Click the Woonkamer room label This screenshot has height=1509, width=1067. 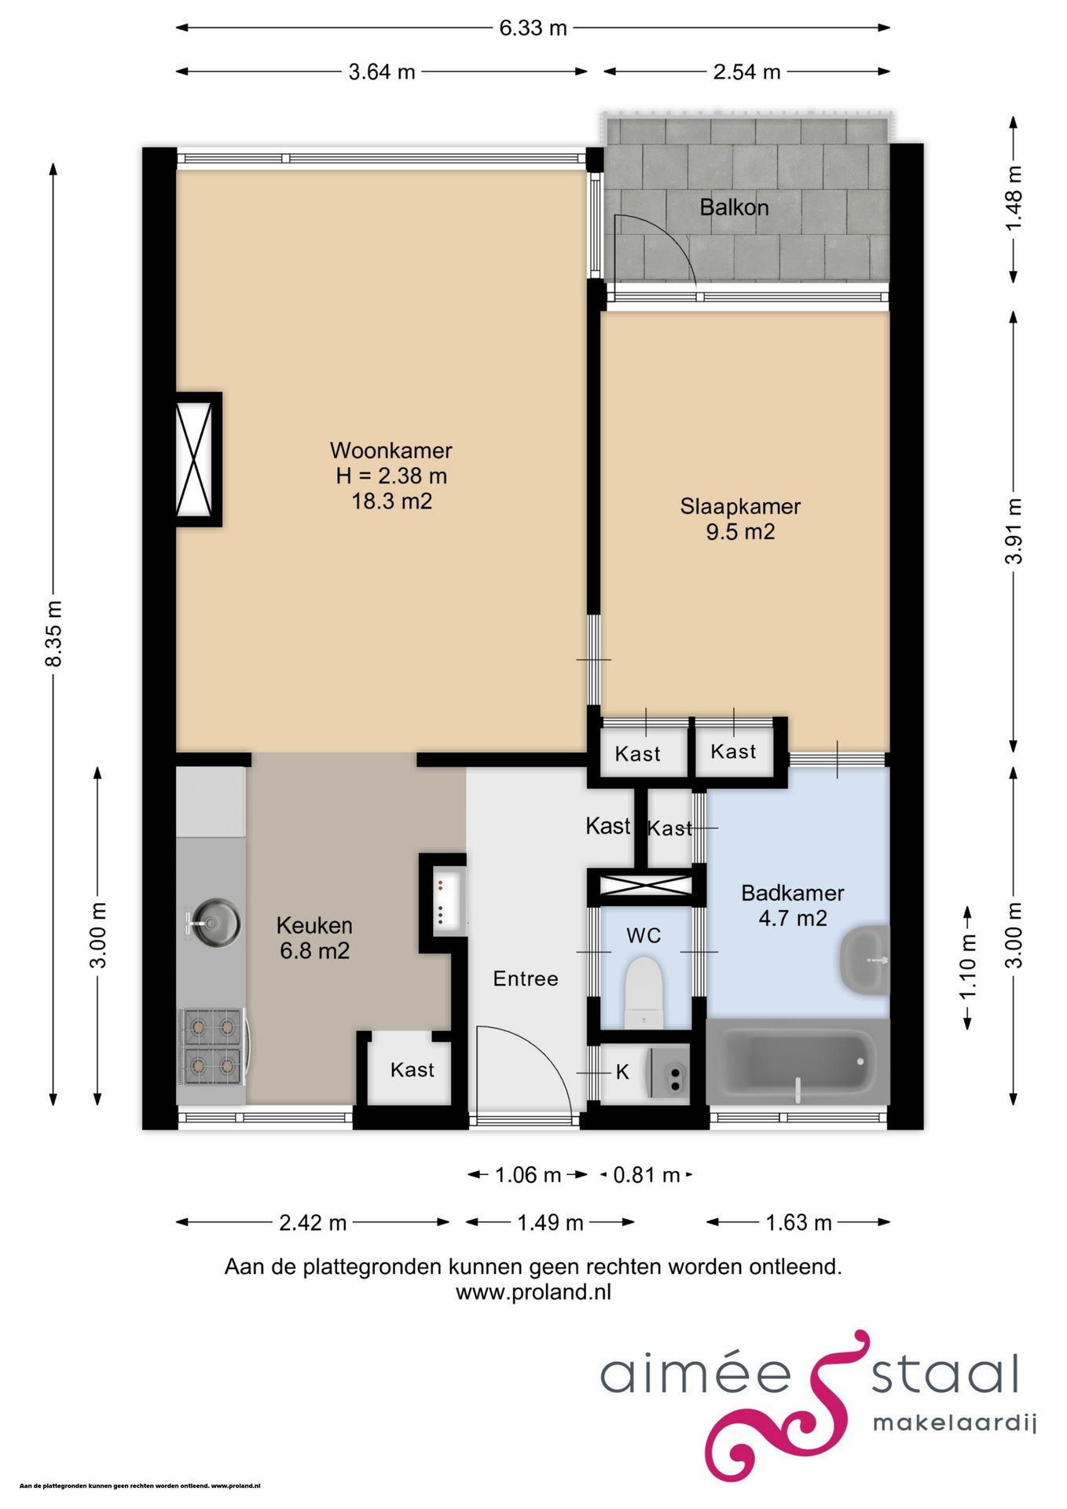pyautogui.click(x=390, y=450)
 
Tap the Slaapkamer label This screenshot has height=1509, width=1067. pyautogui.click(x=740, y=507)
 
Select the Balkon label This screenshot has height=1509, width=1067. pyautogui.click(x=734, y=207)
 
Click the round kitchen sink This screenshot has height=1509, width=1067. pyautogui.click(x=214, y=922)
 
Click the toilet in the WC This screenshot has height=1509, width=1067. pyautogui.click(x=643, y=992)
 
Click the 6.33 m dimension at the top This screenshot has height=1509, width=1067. pyautogui.click(x=533, y=28)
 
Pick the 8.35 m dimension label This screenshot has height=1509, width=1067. pyautogui.click(x=54, y=633)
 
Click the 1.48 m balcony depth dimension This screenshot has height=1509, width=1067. pyautogui.click(x=1014, y=199)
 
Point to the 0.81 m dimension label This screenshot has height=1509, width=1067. pyautogui.click(x=646, y=1175)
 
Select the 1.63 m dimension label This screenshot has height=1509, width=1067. pyautogui.click(x=798, y=1223)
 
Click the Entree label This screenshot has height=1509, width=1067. pyautogui.click(x=526, y=978)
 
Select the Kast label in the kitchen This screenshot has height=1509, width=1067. pyautogui.click(x=412, y=1070)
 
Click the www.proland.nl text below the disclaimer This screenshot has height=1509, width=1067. pyautogui.click(x=533, y=1292)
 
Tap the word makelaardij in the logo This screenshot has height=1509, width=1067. pyautogui.click(x=955, y=1424)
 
